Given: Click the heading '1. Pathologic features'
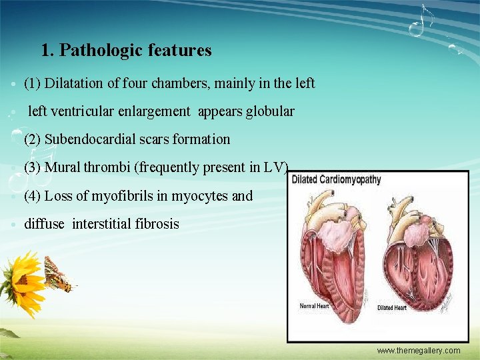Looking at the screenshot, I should coord(126,50).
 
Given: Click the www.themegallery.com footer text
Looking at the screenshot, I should coord(418,351).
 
